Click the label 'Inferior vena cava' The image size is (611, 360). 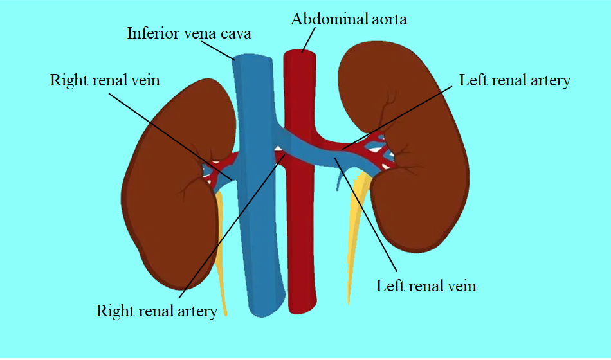(188, 33)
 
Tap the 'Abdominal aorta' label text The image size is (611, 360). (349, 19)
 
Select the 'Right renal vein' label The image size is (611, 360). (105, 80)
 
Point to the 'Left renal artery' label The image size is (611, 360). (515, 80)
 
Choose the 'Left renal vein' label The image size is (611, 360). (426, 285)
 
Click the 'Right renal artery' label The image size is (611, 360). (157, 311)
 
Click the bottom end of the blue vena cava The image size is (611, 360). (263, 312)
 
